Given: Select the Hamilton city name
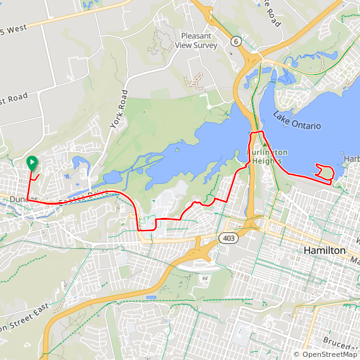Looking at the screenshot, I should pos(325,251).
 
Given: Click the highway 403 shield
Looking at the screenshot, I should pos(227,237).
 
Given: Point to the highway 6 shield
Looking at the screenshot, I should pos(236,41).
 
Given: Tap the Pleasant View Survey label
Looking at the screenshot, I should pos(199,40).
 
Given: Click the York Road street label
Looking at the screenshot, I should pos(119,109).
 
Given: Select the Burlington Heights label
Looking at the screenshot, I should pos(267,157).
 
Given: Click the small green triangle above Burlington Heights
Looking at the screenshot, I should pos(265,144).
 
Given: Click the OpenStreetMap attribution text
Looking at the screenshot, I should pos(325,354).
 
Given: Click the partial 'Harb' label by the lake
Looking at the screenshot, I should pos(351,158).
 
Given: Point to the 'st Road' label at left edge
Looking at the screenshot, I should pos(14,99).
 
